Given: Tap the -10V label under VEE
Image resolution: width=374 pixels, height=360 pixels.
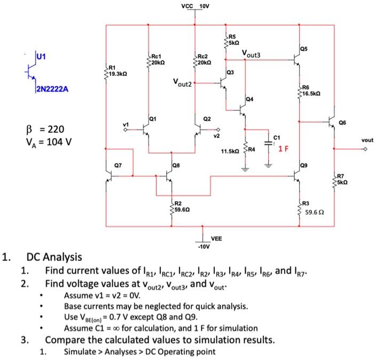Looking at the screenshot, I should pos(204,247).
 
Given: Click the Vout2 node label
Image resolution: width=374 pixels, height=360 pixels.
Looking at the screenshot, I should pos(182,82).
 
